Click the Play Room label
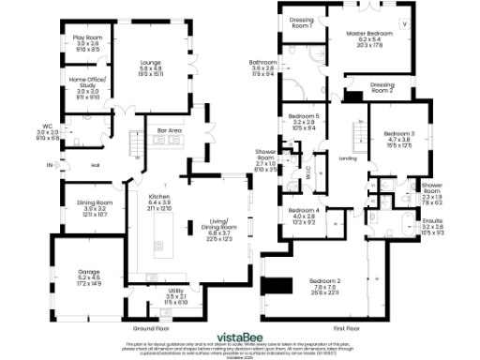pos(86,37)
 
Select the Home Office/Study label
pos(86,81)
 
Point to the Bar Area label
pos(169,130)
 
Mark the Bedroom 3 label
pos(399,134)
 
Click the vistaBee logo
pos(240,335)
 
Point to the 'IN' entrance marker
pos(50,166)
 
